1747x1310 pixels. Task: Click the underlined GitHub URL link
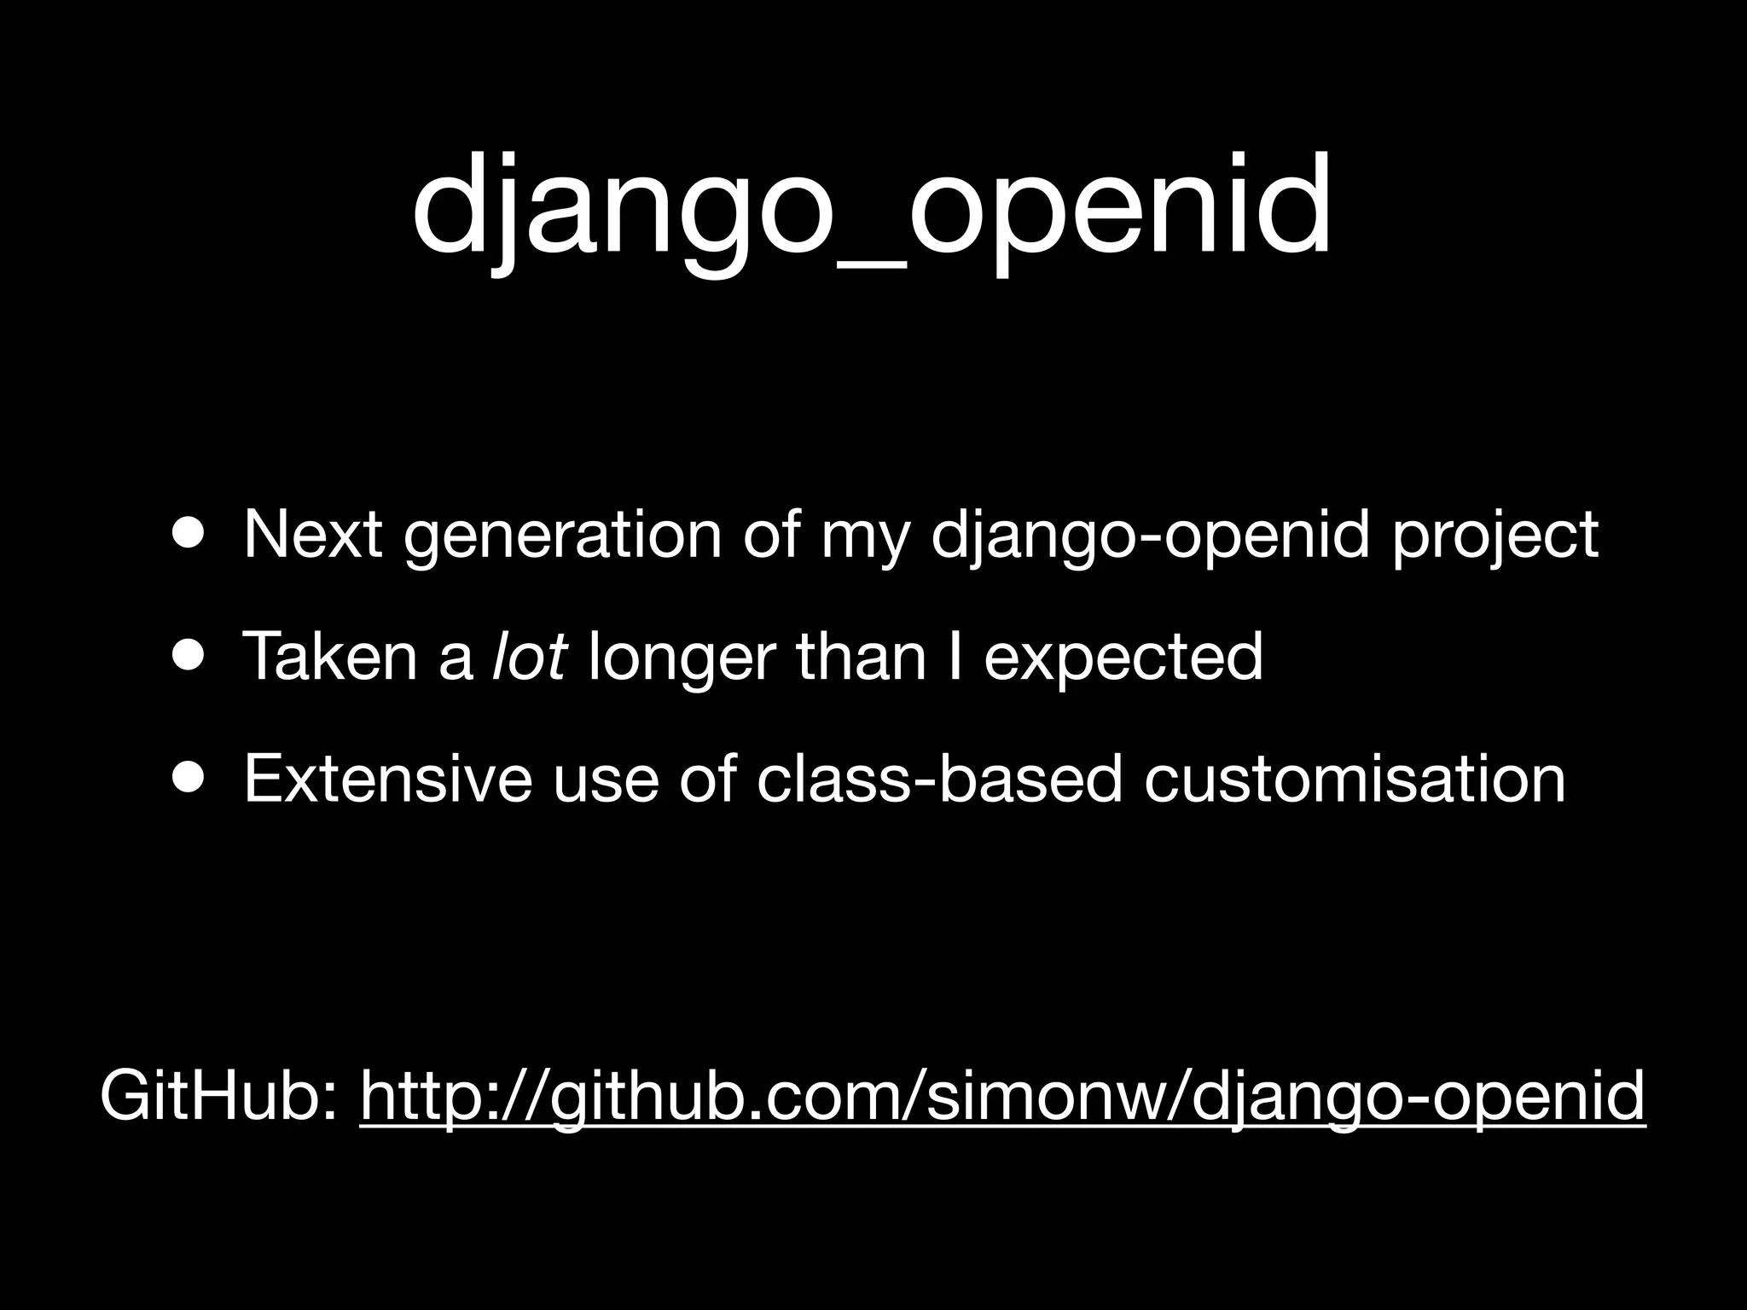coord(1001,1096)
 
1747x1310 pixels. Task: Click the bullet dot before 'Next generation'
coord(187,534)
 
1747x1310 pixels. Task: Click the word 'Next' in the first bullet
coord(312,535)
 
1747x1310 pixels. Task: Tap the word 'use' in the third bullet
coord(606,780)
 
